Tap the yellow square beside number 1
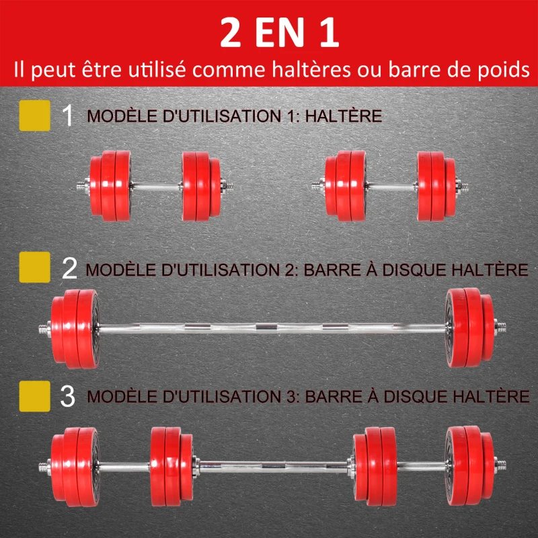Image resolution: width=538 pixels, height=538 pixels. click(36, 116)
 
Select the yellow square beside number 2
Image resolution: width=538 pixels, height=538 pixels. click(36, 268)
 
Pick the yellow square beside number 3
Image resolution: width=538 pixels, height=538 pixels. click(36, 395)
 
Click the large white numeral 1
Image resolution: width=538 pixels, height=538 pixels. click(67, 116)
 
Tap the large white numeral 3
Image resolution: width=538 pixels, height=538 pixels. click(68, 395)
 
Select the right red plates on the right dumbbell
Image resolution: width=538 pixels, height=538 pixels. click(434, 186)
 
